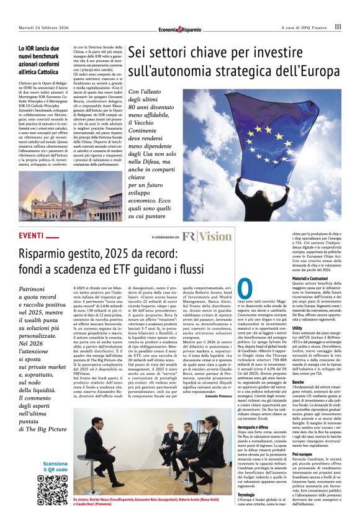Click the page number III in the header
coord(338,27)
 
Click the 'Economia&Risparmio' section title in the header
coord(180,29)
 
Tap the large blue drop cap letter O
coord(245,290)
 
